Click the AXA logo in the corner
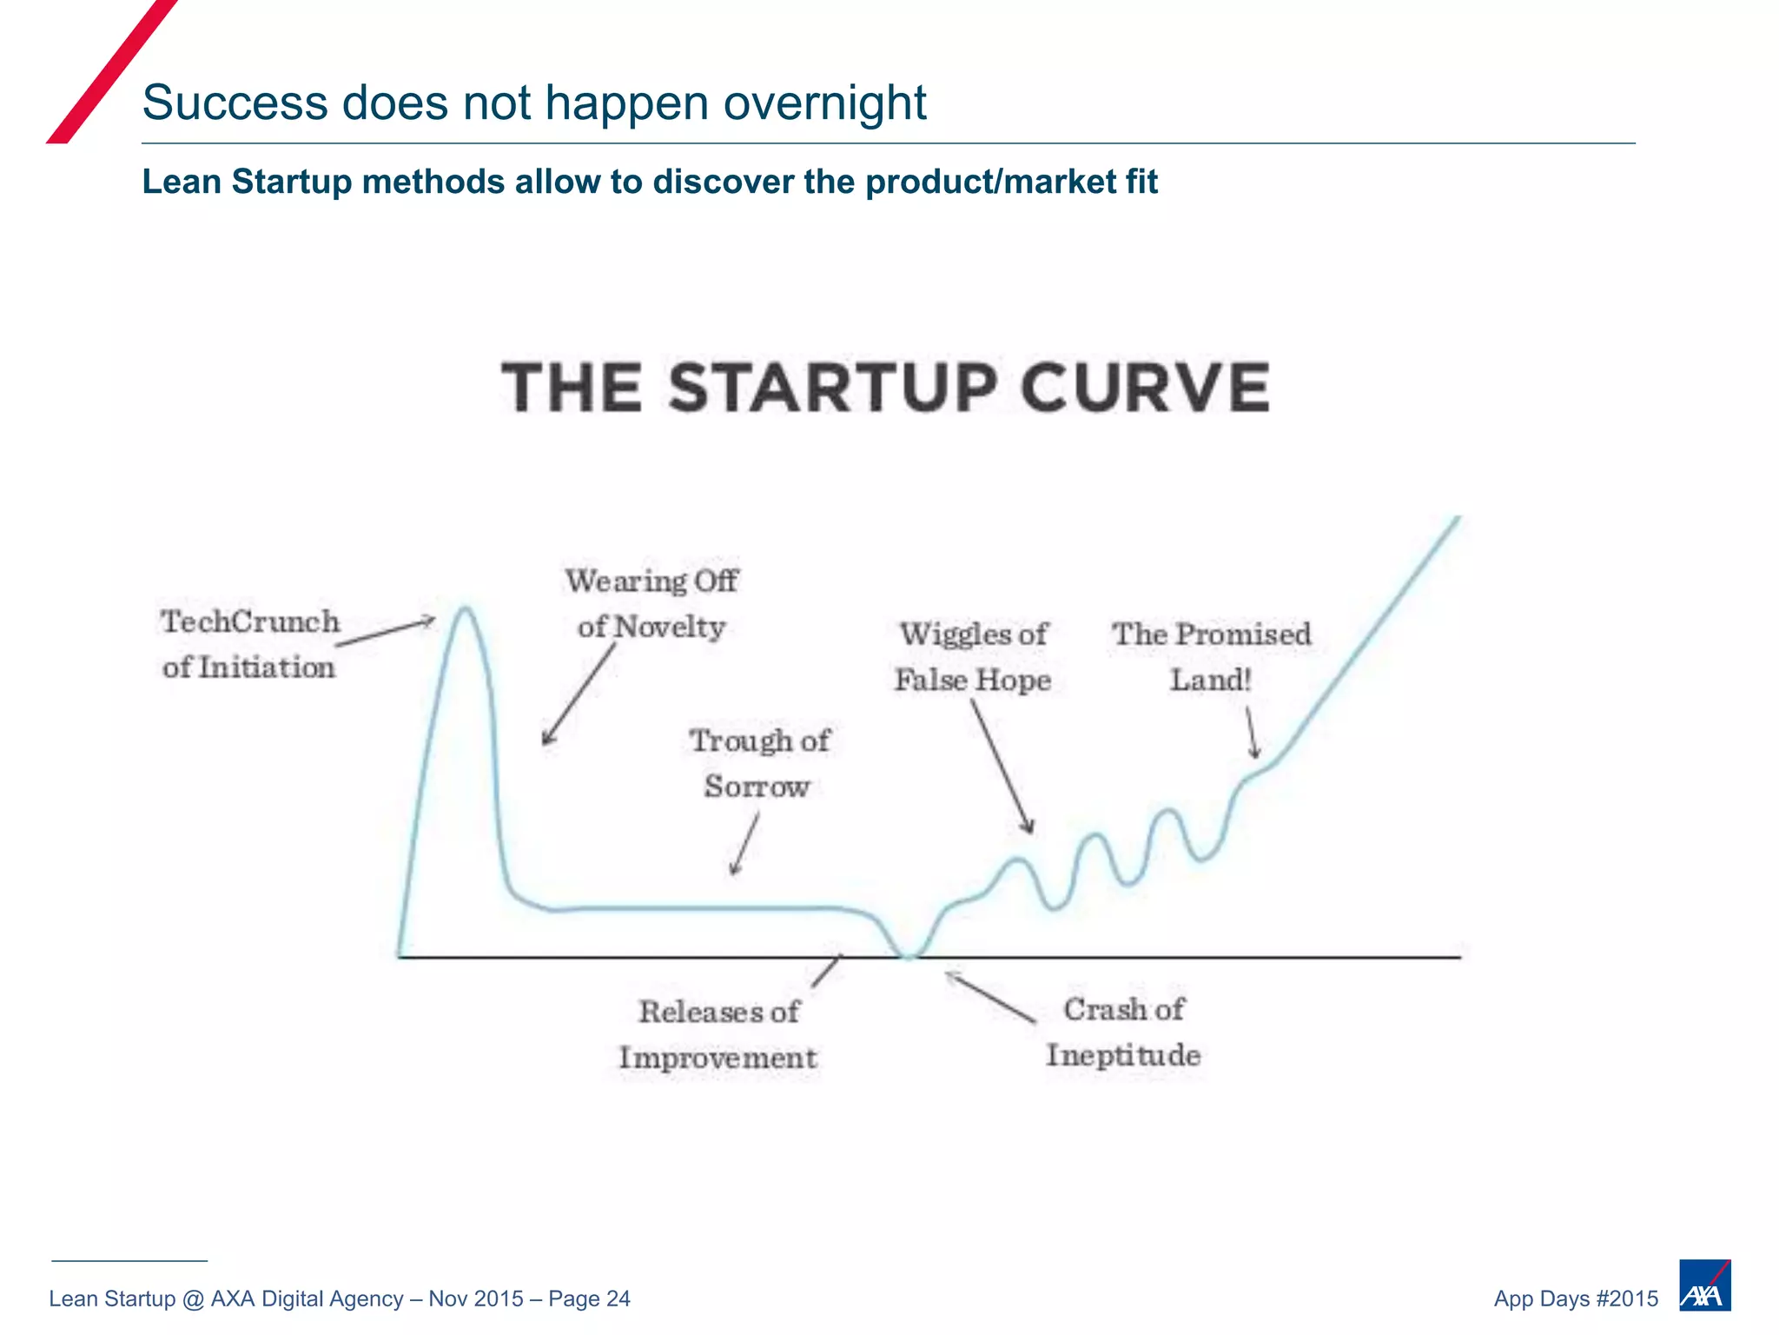point(1704,1285)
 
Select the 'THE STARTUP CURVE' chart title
point(885,388)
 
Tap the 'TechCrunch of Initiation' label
point(250,644)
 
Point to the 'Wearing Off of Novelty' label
point(651,603)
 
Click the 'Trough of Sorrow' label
point(758,763)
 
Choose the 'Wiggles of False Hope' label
point(973,657)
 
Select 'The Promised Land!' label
point(1211,656)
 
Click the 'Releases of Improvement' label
point(718,1034)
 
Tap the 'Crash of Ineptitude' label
point(1123,1032)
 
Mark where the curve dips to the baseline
point(909,955)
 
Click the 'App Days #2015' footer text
point(1575,1298)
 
